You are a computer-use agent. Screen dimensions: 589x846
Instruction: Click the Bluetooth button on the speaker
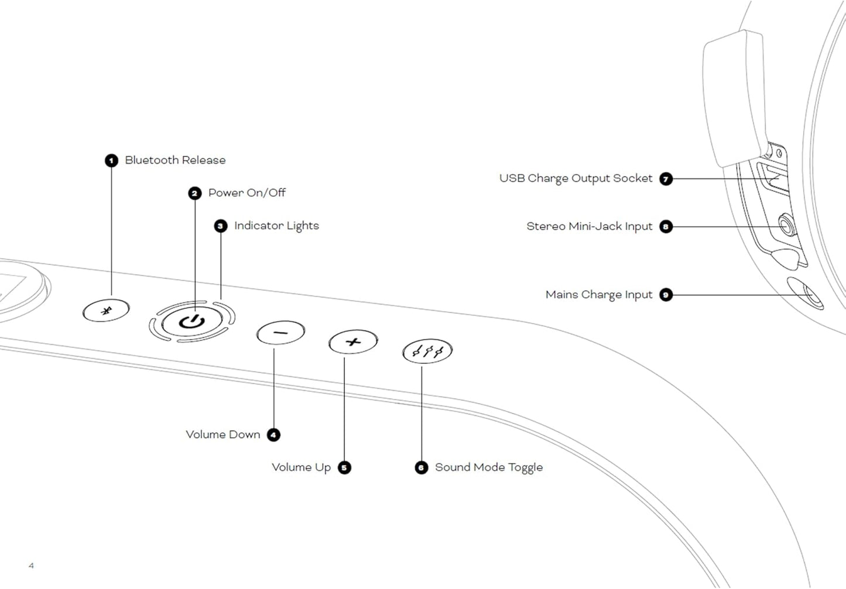(106, 310)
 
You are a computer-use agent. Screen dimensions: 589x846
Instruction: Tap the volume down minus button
(280, 333)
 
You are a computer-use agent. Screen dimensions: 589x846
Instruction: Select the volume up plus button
(352, 342)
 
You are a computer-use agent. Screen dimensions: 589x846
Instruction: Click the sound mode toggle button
(427, 352)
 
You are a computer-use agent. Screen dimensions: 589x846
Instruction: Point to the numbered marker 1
(111, 160)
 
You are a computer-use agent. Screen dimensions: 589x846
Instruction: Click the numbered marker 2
(195, 193)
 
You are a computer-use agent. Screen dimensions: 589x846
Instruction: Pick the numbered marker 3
(221, 226)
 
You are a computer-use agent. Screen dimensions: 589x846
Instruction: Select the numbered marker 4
(273, 435)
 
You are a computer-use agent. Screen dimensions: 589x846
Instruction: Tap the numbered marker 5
(344, 467)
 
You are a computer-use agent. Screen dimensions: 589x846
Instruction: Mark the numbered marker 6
(422, 467)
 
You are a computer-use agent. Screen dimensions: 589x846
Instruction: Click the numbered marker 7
(666, 178)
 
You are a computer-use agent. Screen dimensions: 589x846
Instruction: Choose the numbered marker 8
(666, 226)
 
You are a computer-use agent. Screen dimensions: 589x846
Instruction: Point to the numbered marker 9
(666, 295)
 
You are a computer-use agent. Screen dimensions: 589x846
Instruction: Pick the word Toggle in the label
(525, 467)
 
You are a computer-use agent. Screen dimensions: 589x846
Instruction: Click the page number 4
(31, 566)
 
